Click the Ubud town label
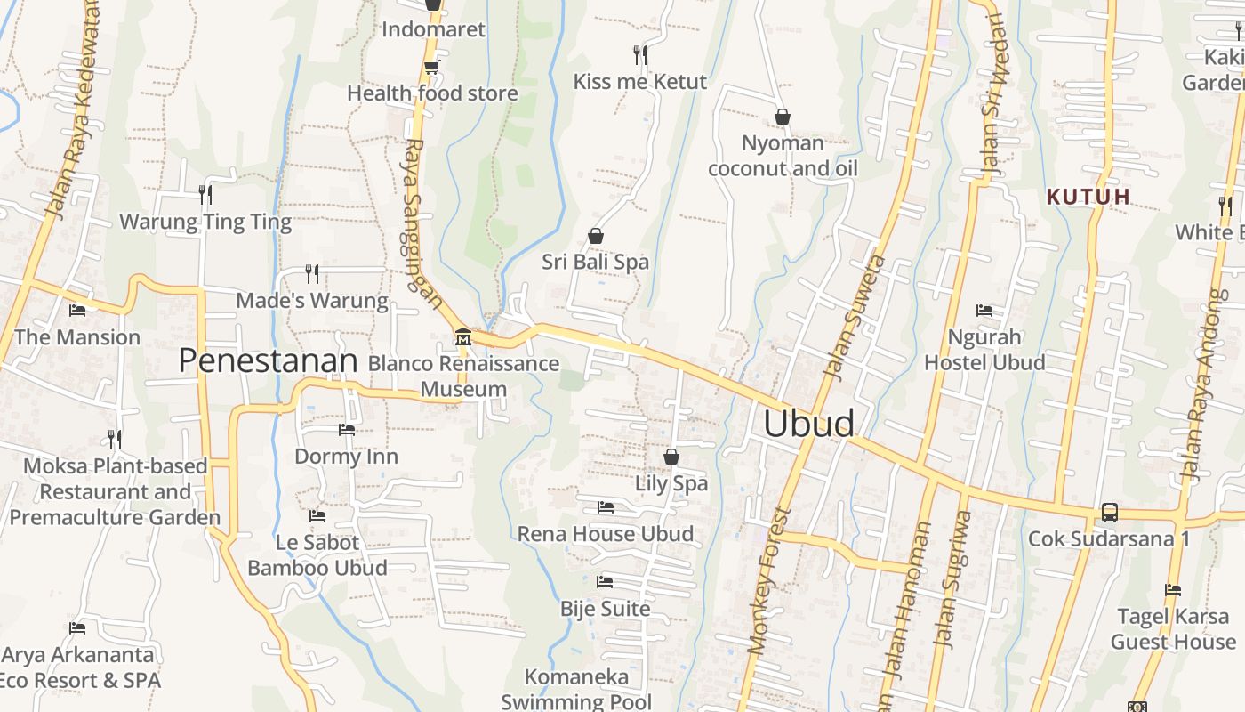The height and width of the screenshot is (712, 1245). (808, 424)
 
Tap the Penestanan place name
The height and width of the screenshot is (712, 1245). (268, 360)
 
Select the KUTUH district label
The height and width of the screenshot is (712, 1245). (1088, 197)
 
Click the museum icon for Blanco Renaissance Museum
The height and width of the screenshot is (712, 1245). (462, 337)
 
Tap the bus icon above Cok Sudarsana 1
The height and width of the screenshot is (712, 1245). (1109, 513)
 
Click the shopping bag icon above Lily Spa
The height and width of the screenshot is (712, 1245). (671, 457)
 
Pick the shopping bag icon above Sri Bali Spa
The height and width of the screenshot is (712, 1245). (595, 237)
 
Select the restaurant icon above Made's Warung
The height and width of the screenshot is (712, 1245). (311, 274)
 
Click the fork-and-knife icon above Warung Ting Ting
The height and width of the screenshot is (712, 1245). (205, 195)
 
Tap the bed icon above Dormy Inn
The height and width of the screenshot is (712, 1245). (346, 431)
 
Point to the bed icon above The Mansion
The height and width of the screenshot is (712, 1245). (77, 311)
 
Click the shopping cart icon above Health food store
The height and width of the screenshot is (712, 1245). (431, 68)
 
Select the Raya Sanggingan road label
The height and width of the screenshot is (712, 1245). (422, 222)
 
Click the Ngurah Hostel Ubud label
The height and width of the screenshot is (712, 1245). (984, 350)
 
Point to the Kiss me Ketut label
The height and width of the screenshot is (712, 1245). (639, 82)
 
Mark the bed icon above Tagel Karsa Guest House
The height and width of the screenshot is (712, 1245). (1172, 590)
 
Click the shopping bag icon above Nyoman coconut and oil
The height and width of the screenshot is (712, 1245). (783, 117)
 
